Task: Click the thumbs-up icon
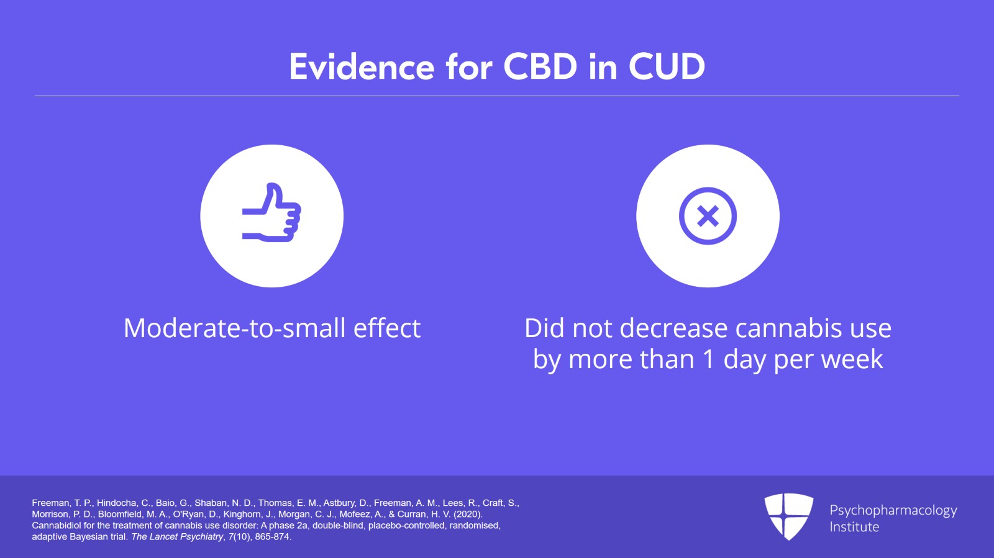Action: pos(271,212)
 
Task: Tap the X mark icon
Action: pos(708,216)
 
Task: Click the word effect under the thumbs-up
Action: pos(387,328)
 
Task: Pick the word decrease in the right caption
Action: pos(673,328)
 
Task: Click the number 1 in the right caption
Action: pos(709,359)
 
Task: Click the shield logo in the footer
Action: pos(788,516)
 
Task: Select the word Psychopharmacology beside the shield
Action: pos(893,511)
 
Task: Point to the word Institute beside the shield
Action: pos(854,527)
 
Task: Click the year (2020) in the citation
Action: pos(468,514)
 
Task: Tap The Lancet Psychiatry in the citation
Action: pos(178,537)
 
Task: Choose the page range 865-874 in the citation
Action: pos(272,537)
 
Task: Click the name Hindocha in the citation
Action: pos(117,503)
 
